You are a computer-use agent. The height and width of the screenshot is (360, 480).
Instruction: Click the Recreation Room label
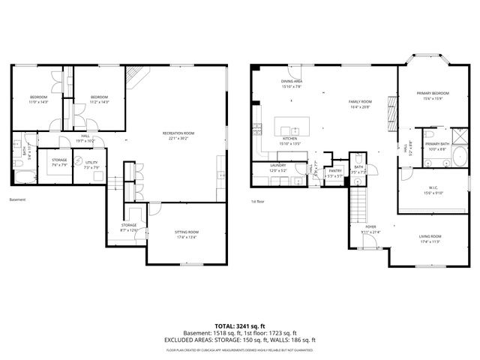[178, 133]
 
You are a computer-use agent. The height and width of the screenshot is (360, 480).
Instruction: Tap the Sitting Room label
[187, 233]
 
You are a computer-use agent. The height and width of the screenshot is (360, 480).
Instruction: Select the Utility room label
[91, 162]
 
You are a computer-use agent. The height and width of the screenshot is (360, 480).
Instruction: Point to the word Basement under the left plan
[17, 199]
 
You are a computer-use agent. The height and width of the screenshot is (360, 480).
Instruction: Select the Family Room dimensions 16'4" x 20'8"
[361, 107]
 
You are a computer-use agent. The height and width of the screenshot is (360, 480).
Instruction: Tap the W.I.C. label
[434, 188]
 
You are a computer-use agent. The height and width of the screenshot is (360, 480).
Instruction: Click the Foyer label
[370, 226]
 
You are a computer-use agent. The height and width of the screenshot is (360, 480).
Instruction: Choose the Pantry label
[334, 171]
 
